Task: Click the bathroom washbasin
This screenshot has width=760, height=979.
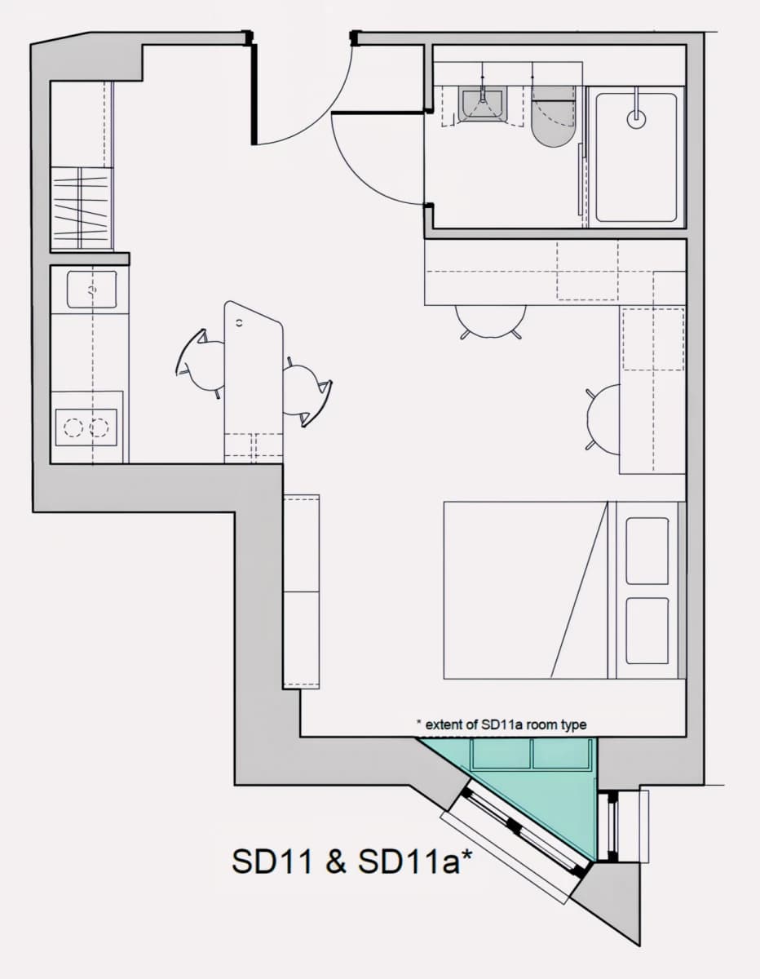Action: [x=483, y=104]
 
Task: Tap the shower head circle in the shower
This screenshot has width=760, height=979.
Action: [x=636, y=119]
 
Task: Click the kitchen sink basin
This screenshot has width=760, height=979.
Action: [x=91, y=290]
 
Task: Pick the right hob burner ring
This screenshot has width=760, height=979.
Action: [x=99, y=427]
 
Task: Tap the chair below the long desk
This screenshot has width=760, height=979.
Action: [x=491, y=321]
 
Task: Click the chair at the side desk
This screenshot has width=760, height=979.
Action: [x=603, y=419]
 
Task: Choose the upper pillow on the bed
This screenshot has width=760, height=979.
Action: [x=647, y=551]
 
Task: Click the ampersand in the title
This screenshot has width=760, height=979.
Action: [x=335, y=862]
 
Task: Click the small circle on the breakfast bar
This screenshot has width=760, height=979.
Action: [x=240, y=322]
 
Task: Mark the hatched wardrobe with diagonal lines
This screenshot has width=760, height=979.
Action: [x=81, y=208]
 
